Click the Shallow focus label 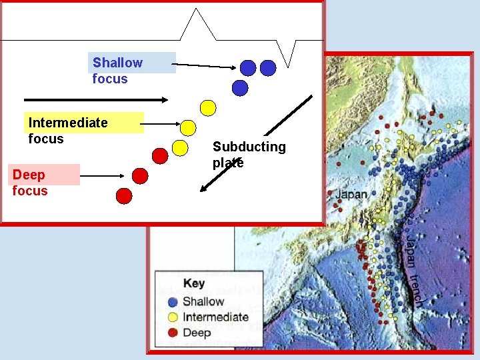click(117, 71)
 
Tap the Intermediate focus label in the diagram click(67, 131)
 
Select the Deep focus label click(30, 183)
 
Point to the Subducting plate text click(249, 155)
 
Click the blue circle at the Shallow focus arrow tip click(247, 67)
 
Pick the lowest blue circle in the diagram click(240, 88)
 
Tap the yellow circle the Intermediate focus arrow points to click(189, 127)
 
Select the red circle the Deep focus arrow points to click(139, 176)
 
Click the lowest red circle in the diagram click(124, 196)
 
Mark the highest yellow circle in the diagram click(209, 107)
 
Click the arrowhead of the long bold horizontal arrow click(165, 99)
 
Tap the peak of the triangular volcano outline click(197, 10)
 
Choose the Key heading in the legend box click(194, 283)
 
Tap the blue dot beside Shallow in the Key click(173, 302)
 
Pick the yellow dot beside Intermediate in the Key click(173, 317)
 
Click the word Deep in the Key click(197, 333)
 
